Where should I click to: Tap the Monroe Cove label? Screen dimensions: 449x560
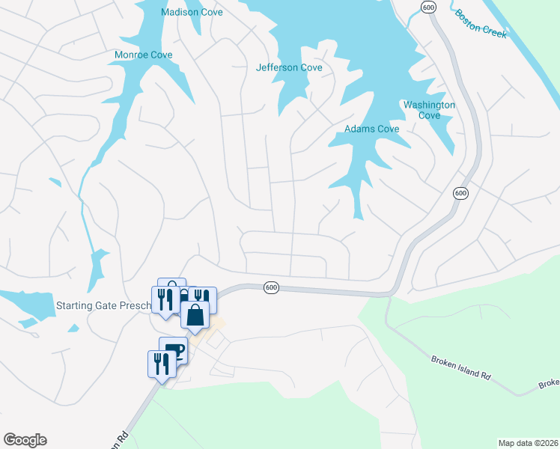pyautogui.click(x=143, y=55)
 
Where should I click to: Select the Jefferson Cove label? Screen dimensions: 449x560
pyautogui.click(x=289, y=67)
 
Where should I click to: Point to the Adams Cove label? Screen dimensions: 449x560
pyautogui.click(x=371, y=129)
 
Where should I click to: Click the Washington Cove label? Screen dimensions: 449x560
pyautogui.click(x=429, y=110)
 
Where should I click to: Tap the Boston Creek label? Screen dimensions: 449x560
pyautogui.click(x=481, y=23)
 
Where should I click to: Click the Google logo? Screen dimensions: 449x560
pyautogui.click(x=25, y=440)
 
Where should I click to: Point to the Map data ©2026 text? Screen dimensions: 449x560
pyautogui.click(x=529, y=442)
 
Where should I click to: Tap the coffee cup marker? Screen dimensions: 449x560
pyautogui.click(x=174, y=350)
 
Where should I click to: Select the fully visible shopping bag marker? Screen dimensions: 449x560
pyautogui.click(x=195, y=314)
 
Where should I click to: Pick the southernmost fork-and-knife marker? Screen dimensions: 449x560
pyautogui.click(x=162, y=364)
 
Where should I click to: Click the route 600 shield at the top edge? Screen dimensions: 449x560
pyautogui.click(x=428, y=7)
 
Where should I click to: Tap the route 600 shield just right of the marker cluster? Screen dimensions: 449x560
pyautogui.click(x=271, y=287)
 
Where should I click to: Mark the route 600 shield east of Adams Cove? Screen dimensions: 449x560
pyautogui.click(x=460, y=193)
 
